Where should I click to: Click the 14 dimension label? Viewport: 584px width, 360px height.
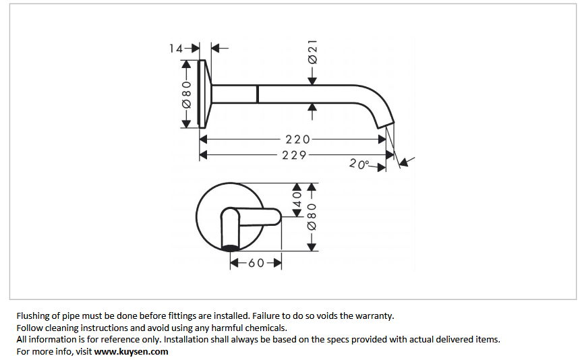(x=175, y=48)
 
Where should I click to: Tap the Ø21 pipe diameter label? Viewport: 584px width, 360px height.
(x=312, y=53)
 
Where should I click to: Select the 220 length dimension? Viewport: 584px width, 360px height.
(x=297, y=140)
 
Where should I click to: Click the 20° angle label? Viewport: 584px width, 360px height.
(x=360, y=164)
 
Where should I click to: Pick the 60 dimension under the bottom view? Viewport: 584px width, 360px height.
(x=256, y=264)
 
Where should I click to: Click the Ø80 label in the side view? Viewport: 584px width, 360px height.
(x=187, y=95)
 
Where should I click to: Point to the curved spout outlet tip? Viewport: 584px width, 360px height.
(x=384, y=123)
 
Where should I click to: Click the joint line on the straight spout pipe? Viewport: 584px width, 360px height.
(x=257, y=94)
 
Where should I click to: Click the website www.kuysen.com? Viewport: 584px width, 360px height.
(x=131, y=351)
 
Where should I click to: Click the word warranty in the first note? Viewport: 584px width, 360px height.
(x=375, y=315)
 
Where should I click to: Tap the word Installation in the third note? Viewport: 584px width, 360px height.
(x=187, y=339)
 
